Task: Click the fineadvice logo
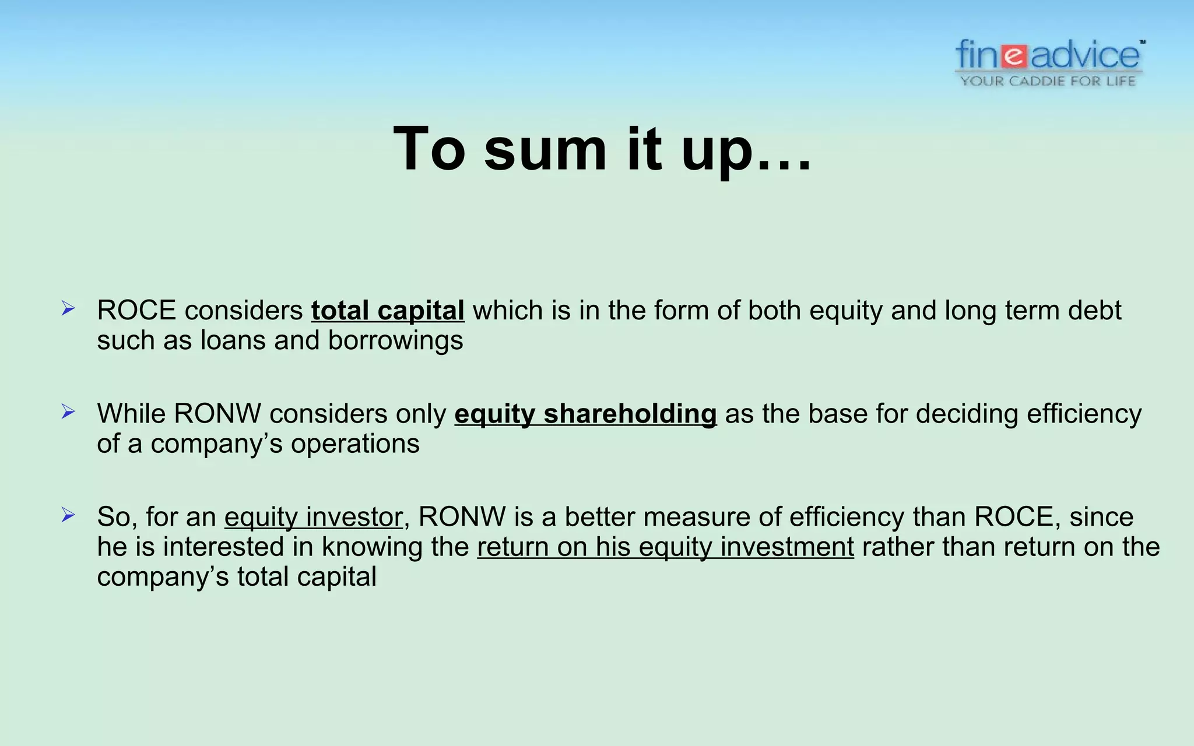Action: (x=1049, y=56)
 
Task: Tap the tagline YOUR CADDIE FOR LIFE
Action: (x=1048, y=81)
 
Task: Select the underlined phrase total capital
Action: (x=388, y=311)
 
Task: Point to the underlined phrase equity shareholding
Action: (x=585, y=414)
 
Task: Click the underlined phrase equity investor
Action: (x=313, y=517)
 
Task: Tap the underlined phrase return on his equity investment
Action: (x=665, y=547)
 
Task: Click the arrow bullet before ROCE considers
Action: (x=68, y=309)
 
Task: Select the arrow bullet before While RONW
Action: (x=68, y=412)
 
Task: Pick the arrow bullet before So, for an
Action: (x=68, y=515)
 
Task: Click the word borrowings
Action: (x=395, y=341)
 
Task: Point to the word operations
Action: (x=355, y=444)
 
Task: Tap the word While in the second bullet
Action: (x=131, y=414)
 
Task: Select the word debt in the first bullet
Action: (x=1094, y=311)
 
